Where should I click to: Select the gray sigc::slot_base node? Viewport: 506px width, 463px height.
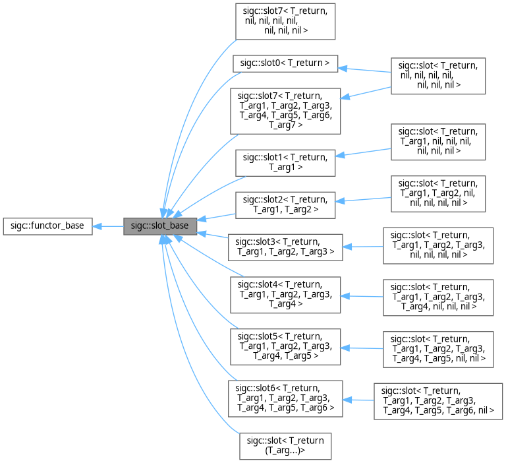click(160, 226)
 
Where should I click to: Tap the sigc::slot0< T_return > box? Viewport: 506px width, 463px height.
click(285, 63)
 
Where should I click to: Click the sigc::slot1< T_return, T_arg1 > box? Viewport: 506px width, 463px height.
click(285, 162)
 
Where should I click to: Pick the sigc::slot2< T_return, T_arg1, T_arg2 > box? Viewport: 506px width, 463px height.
click(285, 204)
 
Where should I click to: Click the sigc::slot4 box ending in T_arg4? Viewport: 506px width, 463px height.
click(285, 294)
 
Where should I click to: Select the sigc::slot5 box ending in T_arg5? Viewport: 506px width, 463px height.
click(285, 346)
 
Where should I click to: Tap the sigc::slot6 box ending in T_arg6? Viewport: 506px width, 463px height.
click(285, 398)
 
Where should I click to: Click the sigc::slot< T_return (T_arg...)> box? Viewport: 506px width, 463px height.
click(285, 446)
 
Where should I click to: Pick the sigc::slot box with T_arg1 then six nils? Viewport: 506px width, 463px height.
click(438, 140)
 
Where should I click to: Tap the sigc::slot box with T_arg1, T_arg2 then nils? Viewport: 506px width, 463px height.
click(438, 193)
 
